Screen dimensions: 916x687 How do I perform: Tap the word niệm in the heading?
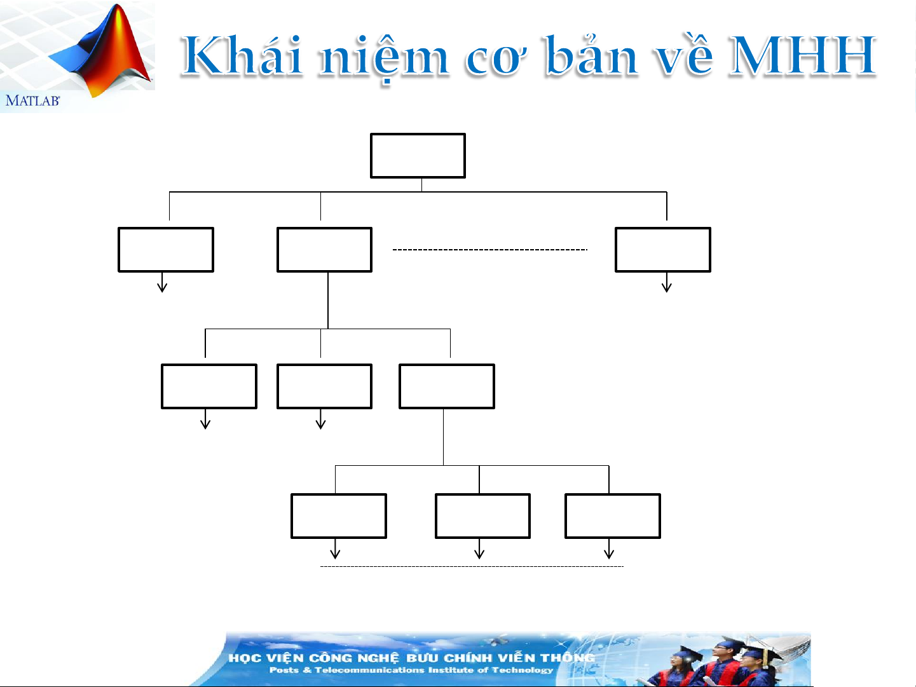pyautogui.click(x=383, y=58)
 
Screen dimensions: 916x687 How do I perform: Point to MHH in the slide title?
pyautogui.click(x=801, y=57)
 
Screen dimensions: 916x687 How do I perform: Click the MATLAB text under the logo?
pyautogui.click(x=32, y=100)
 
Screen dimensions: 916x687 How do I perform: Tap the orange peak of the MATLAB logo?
pyautogui.click(x=119, y=25)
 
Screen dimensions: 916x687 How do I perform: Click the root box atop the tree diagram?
pyautogui.click(x=418, y=156)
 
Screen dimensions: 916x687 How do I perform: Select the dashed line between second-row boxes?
pyautogui.click(x=490, y=250)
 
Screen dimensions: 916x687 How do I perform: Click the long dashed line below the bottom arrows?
pyautogui.click(x=472, y=566)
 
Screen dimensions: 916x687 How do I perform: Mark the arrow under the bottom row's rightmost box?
pyautogui.click(x=609, y=548)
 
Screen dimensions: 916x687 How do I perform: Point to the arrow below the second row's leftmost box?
pyautogui.click(x=162, y=282)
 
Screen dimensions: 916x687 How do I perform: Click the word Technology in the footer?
pyautogui.click(x=522, y=670)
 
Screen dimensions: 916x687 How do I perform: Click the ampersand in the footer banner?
pyautogui.click(x=307, y=670)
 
